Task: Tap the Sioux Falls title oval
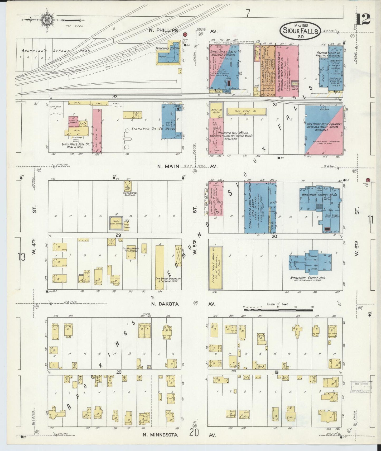pos(300,31)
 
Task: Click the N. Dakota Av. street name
pos(165,304)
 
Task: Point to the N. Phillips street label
pos(163,31)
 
